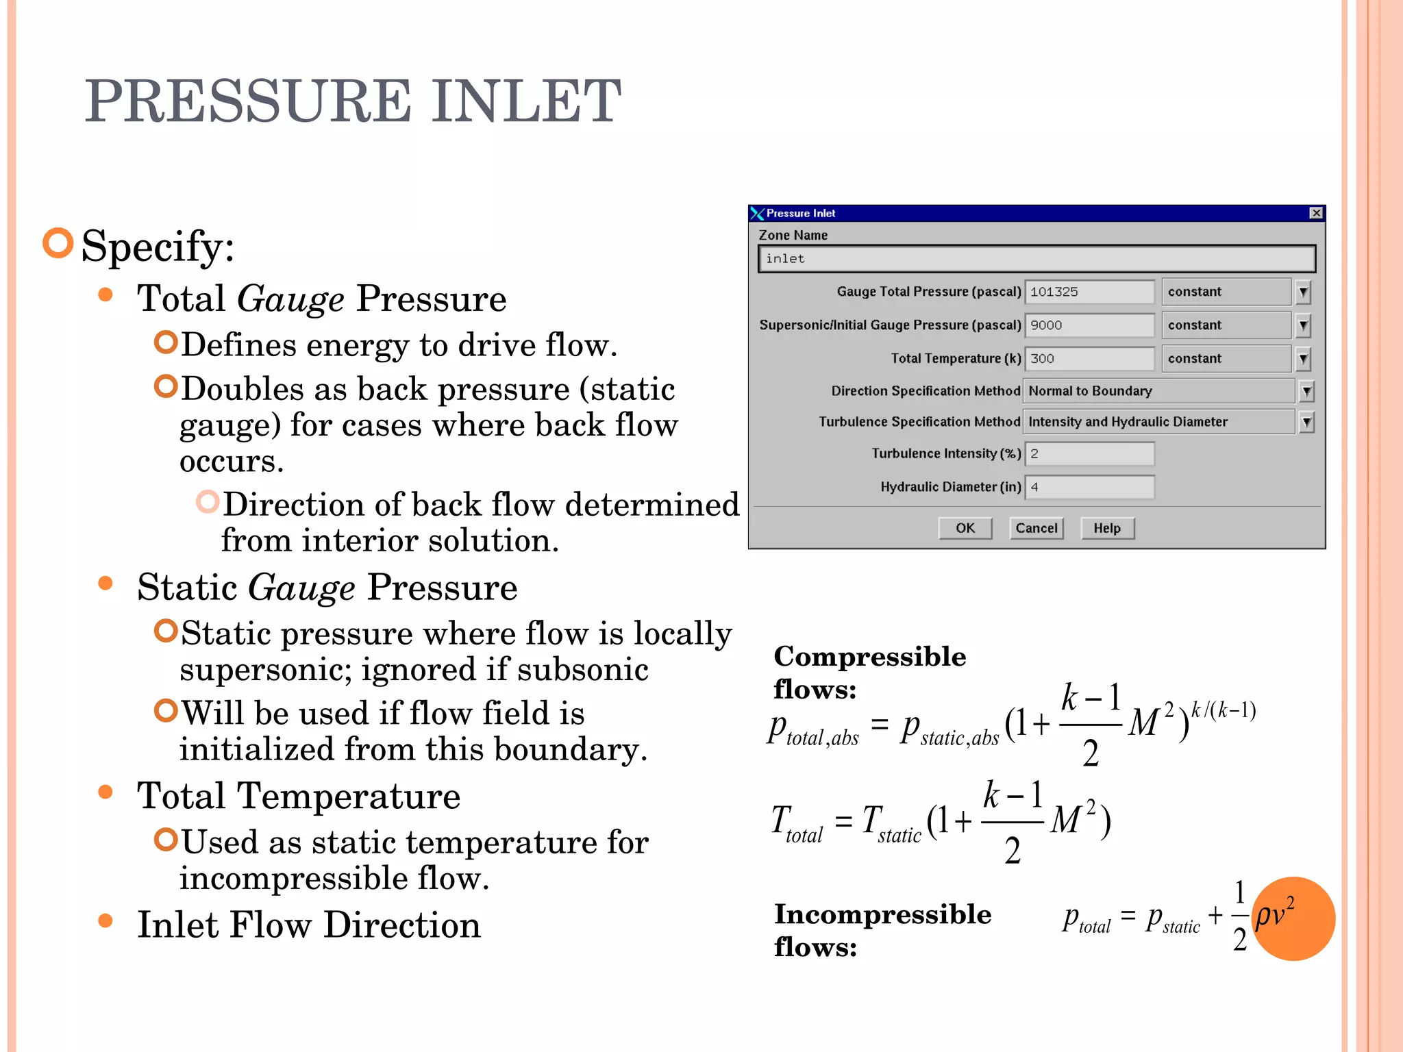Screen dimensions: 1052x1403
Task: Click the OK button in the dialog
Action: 965,528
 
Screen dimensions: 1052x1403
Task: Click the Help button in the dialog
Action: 1107,528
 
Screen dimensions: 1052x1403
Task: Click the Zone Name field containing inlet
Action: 1036,259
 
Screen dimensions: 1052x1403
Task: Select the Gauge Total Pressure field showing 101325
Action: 1089,292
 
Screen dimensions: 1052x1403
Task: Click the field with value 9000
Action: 1089,325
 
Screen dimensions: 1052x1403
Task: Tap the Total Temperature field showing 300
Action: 1089,358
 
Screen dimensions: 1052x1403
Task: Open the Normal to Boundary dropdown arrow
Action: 1306,391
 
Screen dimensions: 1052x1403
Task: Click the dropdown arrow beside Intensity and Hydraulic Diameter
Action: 1306,422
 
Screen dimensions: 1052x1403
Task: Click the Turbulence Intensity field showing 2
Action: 1089,453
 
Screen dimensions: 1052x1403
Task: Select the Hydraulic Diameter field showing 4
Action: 1089,487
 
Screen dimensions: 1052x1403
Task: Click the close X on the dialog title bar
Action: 1316,213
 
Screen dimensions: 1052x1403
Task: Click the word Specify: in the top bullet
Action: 158,246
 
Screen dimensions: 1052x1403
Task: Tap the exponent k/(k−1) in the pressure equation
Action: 1224,710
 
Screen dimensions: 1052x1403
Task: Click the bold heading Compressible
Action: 870,656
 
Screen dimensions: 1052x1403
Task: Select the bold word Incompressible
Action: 882,914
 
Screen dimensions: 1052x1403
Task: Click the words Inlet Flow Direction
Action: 309,925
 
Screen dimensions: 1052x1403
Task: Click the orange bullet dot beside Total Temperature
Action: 105,792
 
